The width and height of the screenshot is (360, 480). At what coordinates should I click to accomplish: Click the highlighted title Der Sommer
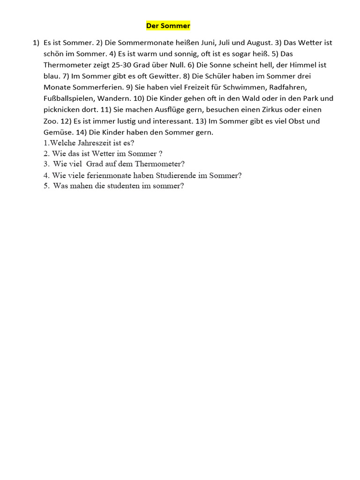168,26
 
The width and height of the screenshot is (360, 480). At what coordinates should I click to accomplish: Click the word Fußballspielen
68,99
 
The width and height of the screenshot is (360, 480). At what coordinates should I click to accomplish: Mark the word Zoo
50,121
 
